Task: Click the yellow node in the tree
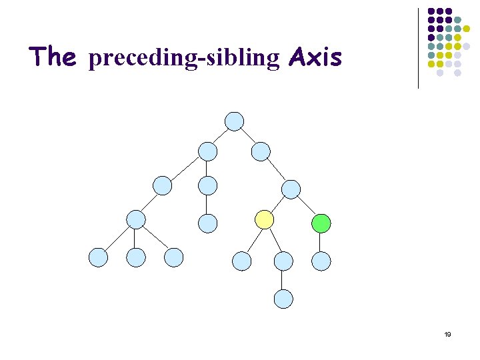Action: click(x=265, y=219)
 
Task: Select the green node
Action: click(x=321, y=223)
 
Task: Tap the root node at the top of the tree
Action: click(x=235, y=121)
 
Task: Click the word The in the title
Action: click(x=53, y=57)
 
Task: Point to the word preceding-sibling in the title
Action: click(x=183, y=59)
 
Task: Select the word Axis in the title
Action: click(x=315, y=58)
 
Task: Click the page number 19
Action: click(x=447, y=334)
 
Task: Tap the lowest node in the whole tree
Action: click(x=283, y=299)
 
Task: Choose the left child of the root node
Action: click(x=208, y=151)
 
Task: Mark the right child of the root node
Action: click(x=261, y=151)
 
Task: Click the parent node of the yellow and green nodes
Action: click(x=291, y=189)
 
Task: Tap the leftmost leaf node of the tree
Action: click(x=98, y=257)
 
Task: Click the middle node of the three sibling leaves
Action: click(x=136, y=257)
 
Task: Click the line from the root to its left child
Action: click(x=221, y=136)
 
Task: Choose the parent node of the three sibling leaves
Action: click(x=136, y=219)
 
